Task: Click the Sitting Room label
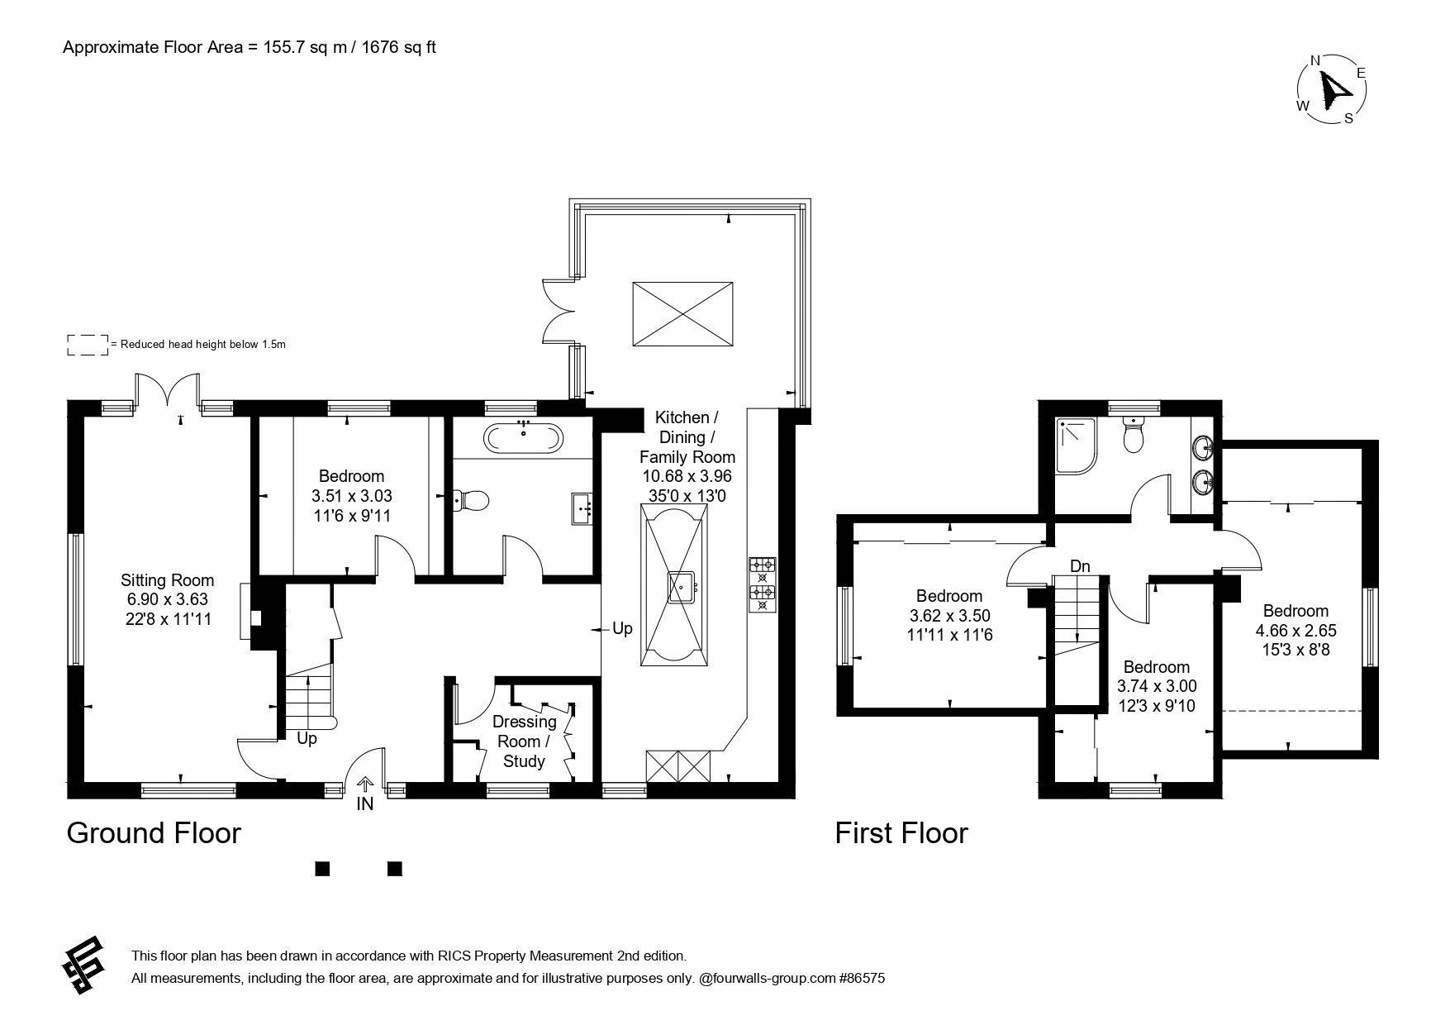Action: pyautogui.click(x=167, y=580)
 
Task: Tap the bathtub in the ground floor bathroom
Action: pyautogui.click(x=524, y=437)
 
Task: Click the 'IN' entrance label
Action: pyautogui.click(x=364, y=803)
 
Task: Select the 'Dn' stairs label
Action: pyautogui.click(x=1080, y=566)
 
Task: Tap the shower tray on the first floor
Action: pyautogui.click(x=1077, y=446)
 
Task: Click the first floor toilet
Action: pyautogui.click(x=1133, y=434)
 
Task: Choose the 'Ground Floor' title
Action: pyautogui.click(x=154, y=832)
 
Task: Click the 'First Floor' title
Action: pyautogui.click(x=901, y=832)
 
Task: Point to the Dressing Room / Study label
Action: pyautogui.click(x=524, y=741)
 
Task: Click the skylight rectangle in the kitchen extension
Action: pyautogui.click(x=682, y=314)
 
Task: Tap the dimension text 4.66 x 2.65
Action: pyautogui.click(x=1295, y=631)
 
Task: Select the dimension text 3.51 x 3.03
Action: pyautogui.click(x=351, y=496)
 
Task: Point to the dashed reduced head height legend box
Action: pyautogui.click(x=88, y=345)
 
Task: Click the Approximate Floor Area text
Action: pyautogui.click(x=250, y=47)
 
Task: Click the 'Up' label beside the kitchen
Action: pyautogui.click(x=622, y=628)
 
